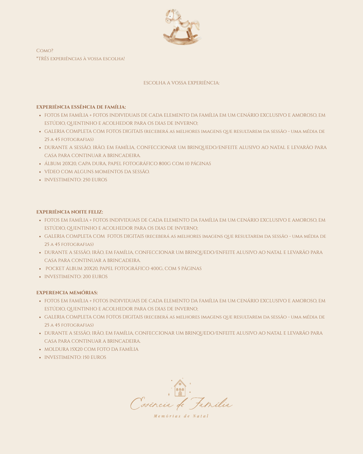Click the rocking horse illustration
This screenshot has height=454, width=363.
point(182,27)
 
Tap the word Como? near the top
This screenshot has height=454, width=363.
point(45,51)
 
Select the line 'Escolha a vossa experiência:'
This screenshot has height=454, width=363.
point(182,83)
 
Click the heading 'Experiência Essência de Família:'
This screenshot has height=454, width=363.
point(81,107)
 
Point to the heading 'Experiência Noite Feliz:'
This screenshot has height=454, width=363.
point(70,212)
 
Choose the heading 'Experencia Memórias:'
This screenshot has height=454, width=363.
point(67,293)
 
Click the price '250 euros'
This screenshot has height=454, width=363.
point(95,180)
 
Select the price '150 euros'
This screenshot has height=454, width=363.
point(94,357)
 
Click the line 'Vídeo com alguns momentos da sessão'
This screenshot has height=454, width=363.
point(97,172)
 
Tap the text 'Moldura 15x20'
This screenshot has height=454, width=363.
point(63,349)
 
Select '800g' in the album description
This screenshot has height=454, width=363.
point(165,164)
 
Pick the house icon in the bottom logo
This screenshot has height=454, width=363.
point(180,388)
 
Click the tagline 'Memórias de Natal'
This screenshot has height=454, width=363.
point(181,416)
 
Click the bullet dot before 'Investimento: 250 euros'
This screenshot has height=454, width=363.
point(40,180)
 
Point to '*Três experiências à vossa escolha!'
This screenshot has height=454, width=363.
point(80,59)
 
